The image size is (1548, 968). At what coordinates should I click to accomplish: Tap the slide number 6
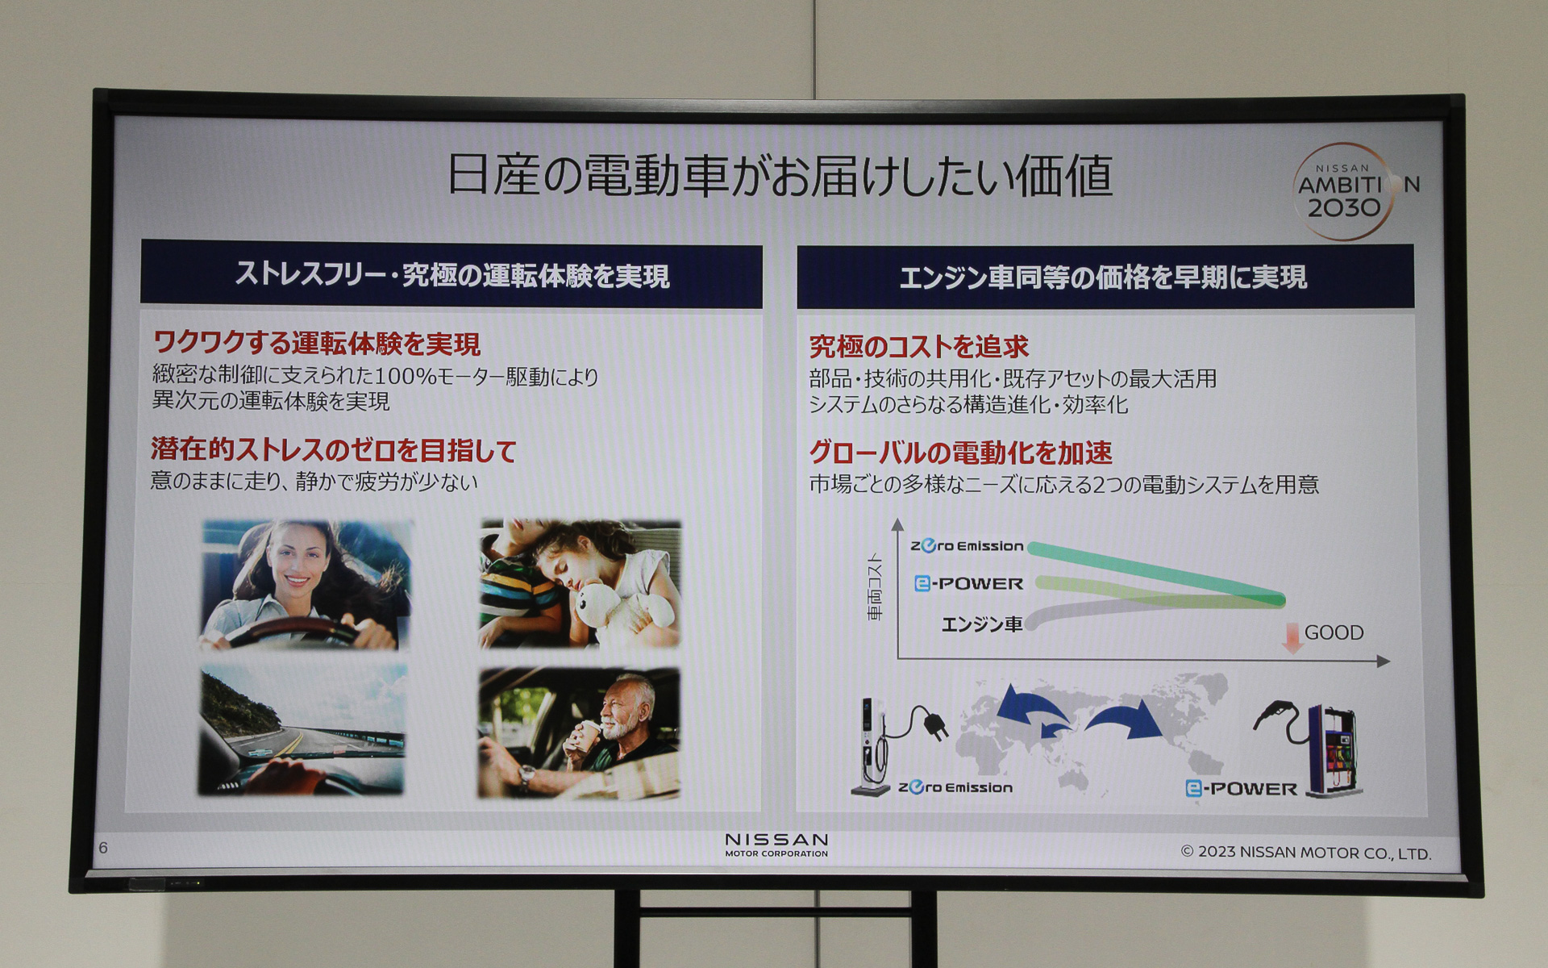(x=102, y=847)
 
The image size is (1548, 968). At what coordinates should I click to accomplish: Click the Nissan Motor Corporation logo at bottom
(x=776, y=845)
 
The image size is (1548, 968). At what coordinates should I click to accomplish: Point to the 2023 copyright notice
(x=1306, y=853)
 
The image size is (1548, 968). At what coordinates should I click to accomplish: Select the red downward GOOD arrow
(x=1292, y=637)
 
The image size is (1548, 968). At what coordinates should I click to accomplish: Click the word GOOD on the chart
(x=1334, y=632)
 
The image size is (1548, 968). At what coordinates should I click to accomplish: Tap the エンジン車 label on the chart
(x=982, y=624)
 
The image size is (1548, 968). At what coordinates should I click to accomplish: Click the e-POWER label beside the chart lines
(x=968, y=583)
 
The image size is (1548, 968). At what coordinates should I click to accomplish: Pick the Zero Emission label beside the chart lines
(x=967, y=546)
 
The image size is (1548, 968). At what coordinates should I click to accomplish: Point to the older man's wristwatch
(x=526, y=775)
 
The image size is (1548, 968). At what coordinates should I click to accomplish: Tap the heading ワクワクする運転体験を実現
(x=316, y=344)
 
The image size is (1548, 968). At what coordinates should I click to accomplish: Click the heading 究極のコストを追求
(x=919, y=347)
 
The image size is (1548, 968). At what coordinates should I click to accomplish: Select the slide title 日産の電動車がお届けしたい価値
(x=779, y=175)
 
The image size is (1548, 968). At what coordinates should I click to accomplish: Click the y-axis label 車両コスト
(x=875, y=587)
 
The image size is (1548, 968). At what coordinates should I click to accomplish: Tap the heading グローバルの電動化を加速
(x=960, y=453)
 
